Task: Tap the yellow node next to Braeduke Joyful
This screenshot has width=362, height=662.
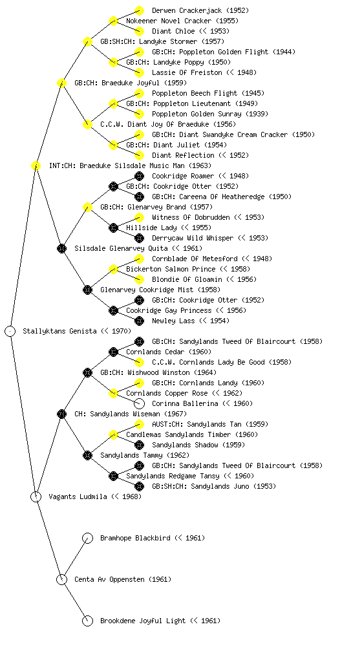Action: pos(61,83)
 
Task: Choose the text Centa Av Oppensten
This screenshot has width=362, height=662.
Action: pos(110,580)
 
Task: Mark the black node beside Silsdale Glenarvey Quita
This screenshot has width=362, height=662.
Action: pos(61,249)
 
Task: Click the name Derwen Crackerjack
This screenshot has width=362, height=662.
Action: pos(187,10)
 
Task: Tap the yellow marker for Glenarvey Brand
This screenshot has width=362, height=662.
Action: pos(87,208)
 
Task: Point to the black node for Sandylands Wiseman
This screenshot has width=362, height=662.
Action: pos(61,414)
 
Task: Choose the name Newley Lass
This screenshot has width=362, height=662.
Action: pos(173,321)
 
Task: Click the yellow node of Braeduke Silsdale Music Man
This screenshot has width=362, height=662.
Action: pos(36,166)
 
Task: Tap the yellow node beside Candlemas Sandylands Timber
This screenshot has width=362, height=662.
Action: pos(113,435)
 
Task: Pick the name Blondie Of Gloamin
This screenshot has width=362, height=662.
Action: pos(187,279)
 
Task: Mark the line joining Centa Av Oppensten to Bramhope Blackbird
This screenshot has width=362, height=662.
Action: pos(75,559)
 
